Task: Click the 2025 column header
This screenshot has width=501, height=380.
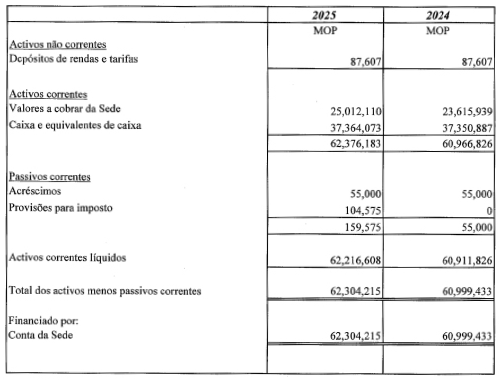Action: click(x=324, y=15)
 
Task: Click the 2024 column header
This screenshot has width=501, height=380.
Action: click(x=438, y=15)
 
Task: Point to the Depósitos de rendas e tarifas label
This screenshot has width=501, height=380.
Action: click(x=74, y=59)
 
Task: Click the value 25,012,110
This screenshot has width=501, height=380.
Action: click(x=354, y=111)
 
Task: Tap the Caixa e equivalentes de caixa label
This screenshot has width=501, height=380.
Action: click(x=75, y=126)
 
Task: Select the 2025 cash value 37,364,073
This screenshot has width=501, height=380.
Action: click(x=354, y=127)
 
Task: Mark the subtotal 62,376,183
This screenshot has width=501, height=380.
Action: click(x=354, y=143)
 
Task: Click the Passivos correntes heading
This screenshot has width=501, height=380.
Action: click(x=50, y=177)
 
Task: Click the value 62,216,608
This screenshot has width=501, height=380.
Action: click(x=354, y=260)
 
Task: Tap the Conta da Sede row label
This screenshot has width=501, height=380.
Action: click(x=40, y=335)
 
